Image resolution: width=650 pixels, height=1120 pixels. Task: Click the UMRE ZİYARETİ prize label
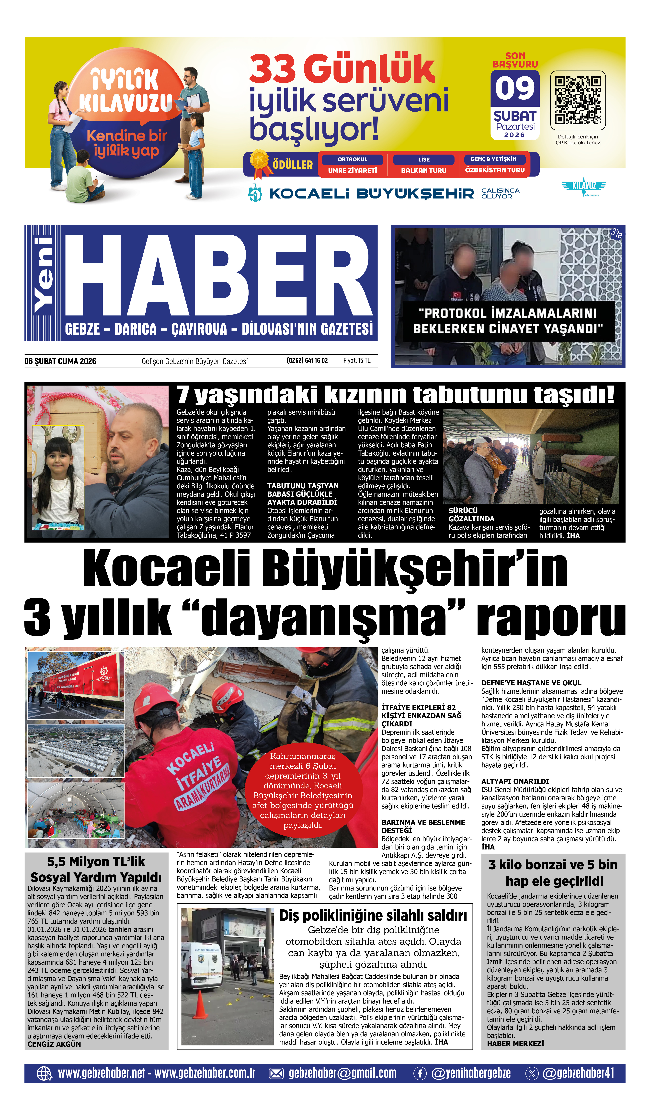click(x=352, y=170)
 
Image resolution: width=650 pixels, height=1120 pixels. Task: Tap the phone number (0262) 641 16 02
click(x=307, y=360)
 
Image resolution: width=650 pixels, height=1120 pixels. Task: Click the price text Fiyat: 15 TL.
click(x=357, y=360)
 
